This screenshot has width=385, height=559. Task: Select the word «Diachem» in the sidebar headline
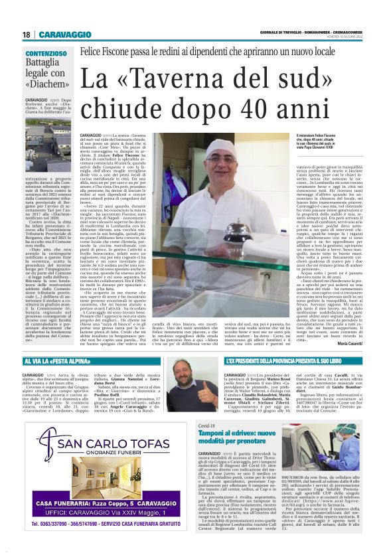tap(47, 84)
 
